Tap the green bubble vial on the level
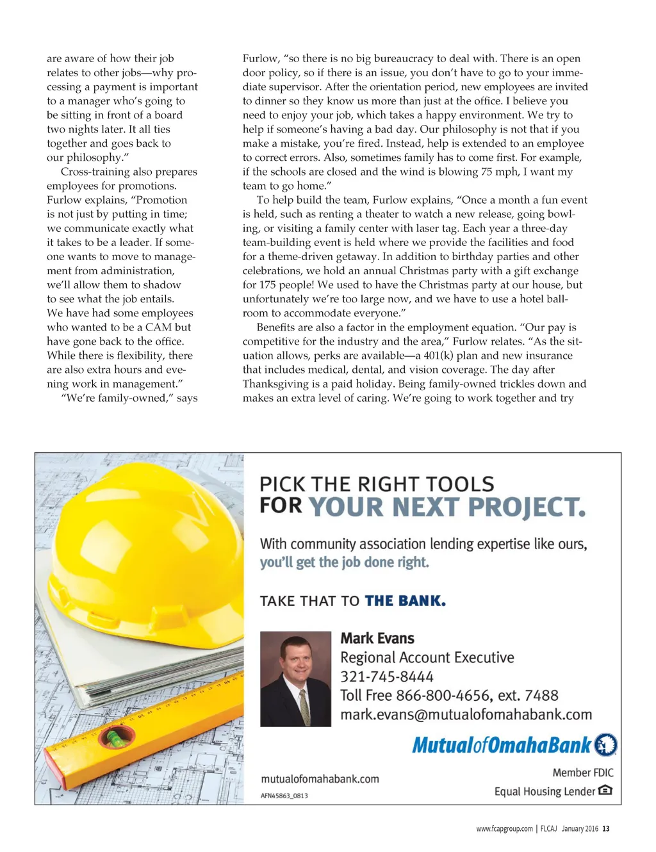coord(115,739)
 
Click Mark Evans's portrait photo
coord(295,678)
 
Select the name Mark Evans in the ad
coord(377,638)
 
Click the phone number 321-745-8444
coord(386,676)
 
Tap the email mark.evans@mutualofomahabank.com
coord(466,714)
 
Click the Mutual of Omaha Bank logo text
coord(502,745)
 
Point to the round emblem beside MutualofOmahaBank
coord(605,744)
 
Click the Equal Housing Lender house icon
coord(605,791)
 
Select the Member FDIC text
coord(583,773)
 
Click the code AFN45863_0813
coord(284,796)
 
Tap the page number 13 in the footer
coord(606,828)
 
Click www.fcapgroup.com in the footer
coord(504,828)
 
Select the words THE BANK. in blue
coord(405,601)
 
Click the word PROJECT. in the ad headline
coord(527,507)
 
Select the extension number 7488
coord(541,696)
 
